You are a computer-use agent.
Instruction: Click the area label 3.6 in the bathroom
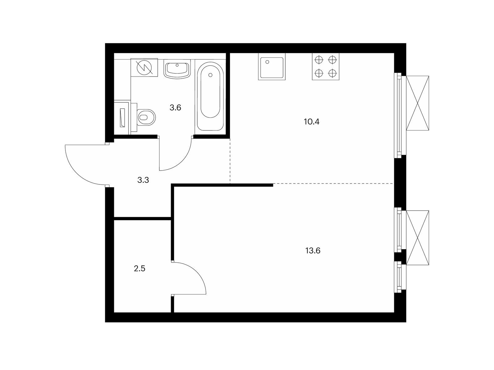coord(175,108)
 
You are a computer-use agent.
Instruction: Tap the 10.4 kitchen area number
coord(312,122)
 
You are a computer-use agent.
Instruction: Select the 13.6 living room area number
coord(313,250)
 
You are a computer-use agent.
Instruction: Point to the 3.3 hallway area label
coord(143,180)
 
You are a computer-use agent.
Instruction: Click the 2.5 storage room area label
coord(140,269)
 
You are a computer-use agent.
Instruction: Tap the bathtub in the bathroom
coord(210,96)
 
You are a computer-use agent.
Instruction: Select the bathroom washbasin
coord(177,69)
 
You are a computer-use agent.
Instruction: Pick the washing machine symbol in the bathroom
coord(144,68)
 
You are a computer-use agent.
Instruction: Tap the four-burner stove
coord(325,67)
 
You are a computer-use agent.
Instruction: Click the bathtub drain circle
coord(210,75)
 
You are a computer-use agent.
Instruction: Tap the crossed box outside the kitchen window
coord(417,103)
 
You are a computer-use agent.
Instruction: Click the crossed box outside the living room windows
coord(417,238)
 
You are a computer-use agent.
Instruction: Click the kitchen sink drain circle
coord(267,62)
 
